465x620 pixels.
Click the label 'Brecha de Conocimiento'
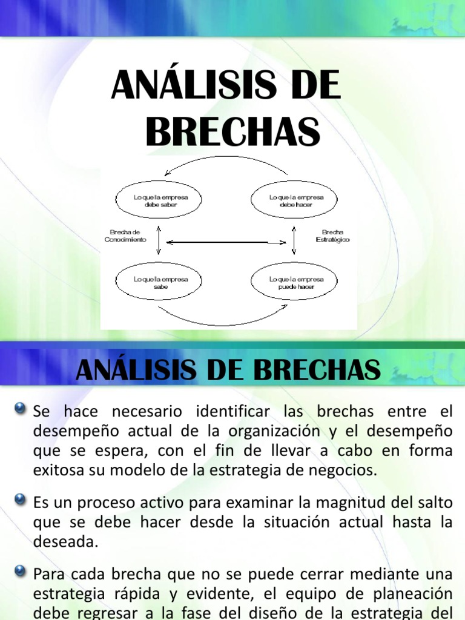[125, 236]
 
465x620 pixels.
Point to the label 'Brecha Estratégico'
[332, 236]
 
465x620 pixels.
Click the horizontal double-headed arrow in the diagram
[226, 243]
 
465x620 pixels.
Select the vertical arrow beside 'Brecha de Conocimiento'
[158, 241]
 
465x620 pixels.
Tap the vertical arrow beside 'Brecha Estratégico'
[294, 241]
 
